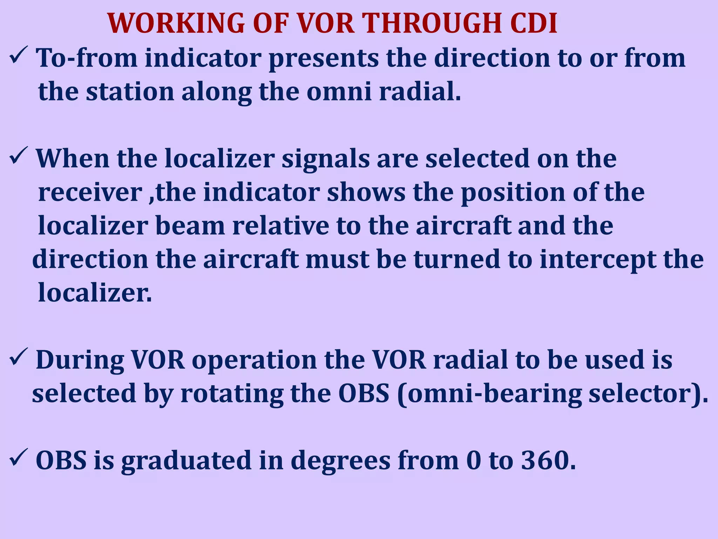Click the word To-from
(x=87, y=58)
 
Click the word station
(x=130, y=92)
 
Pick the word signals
(x=325, y=159)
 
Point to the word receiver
(x=90, y=193)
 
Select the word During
(x=80, y=360)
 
